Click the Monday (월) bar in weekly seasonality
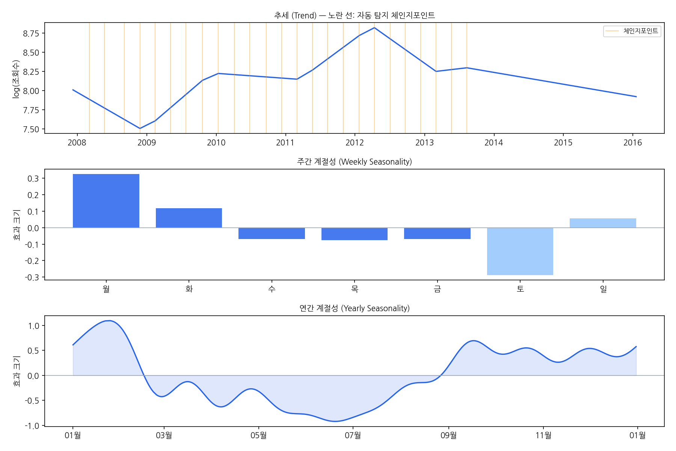(106, 201)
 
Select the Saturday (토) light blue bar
(520, 251)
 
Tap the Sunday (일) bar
(603, 223)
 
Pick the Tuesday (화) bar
(189, 218)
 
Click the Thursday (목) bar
(355, 234)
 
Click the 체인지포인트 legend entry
(632, 31)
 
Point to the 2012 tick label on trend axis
(355, 143)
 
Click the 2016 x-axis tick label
(633, 143)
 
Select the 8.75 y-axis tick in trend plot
(31, 33)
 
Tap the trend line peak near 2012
(374, 28)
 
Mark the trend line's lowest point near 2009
(140, 129)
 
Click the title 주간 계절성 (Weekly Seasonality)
(355, 162)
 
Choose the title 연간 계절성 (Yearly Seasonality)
(355, 308)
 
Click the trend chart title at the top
(355, 15)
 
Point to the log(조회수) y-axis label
(16, 79)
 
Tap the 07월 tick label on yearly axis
(353, 436)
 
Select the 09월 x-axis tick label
(448, 436)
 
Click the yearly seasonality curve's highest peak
(109, 321)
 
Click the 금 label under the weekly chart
(437, 289)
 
